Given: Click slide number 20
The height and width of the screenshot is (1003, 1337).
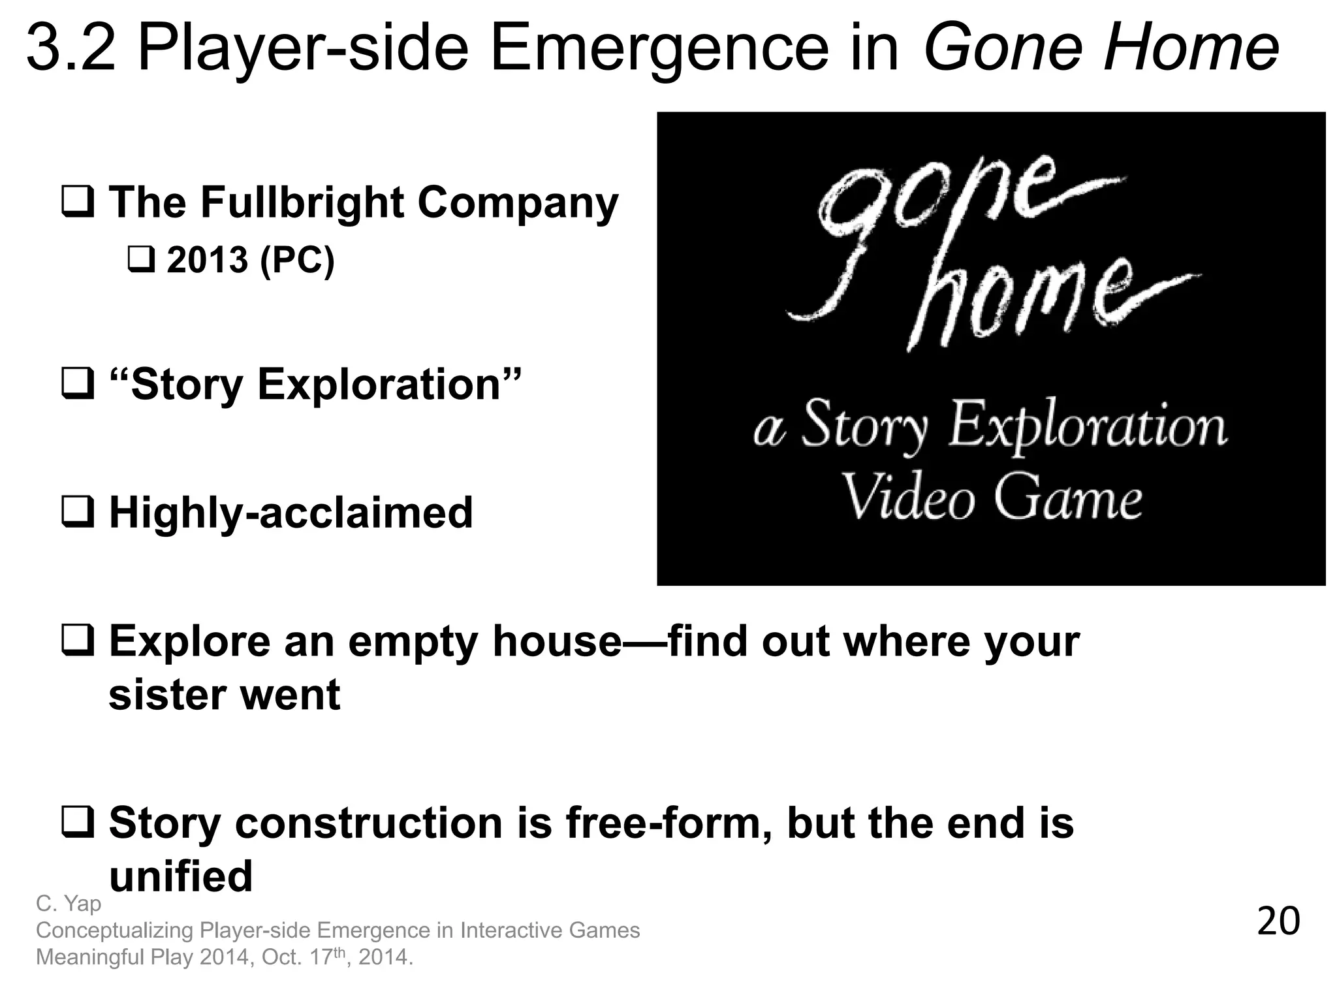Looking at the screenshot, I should pyautogui.click(x=1278, y=922).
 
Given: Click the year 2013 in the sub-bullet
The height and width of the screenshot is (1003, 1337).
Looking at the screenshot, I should pyautogui.click(x=208, y=260).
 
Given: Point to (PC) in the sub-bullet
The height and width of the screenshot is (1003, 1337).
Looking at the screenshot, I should pyautogui.click(x=297, y=260).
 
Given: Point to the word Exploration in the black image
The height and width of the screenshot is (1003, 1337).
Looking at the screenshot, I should pyautogui.click(x=1087, y=426).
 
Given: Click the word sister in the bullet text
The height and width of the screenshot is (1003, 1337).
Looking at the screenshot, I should pyautogui.click(x=164, y=695).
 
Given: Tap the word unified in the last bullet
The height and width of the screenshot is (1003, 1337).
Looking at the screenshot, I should pyautogui.click(x=181, y=876).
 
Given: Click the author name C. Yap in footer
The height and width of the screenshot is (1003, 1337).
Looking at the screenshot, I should pyautogui.click(x=69, y=904).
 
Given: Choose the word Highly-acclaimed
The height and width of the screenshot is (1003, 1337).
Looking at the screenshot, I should pyautogui.click(x=291, y=513).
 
